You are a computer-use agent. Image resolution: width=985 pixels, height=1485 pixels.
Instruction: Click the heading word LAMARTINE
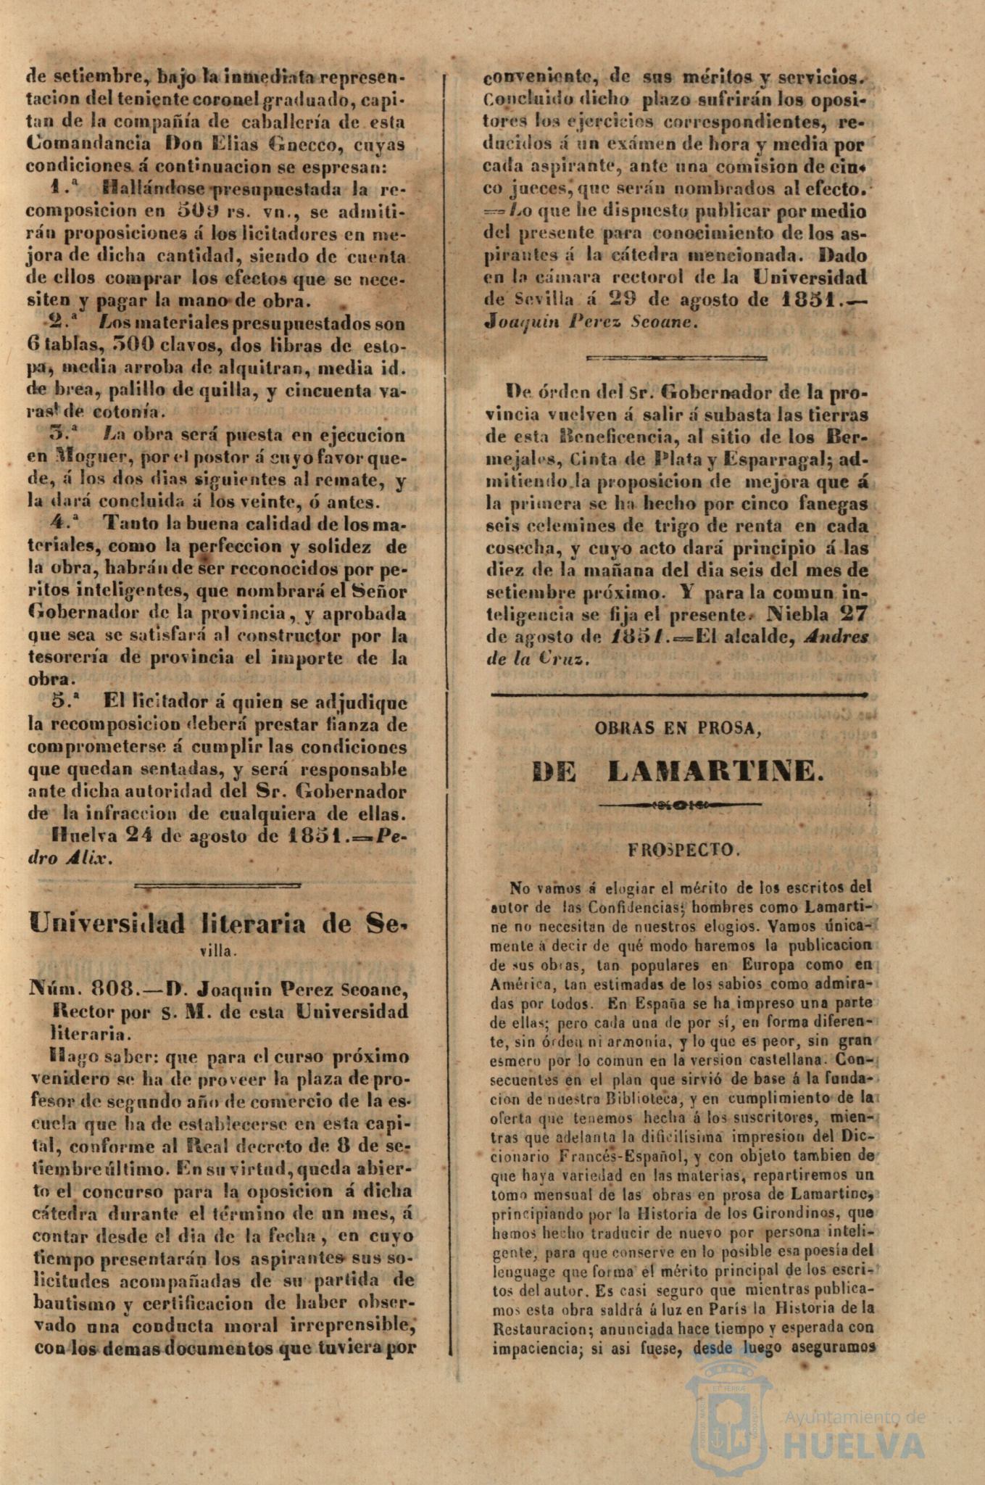(x=715, y=771)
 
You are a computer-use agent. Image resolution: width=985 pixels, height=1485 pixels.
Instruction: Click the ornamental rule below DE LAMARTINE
(x=678, y=805)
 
